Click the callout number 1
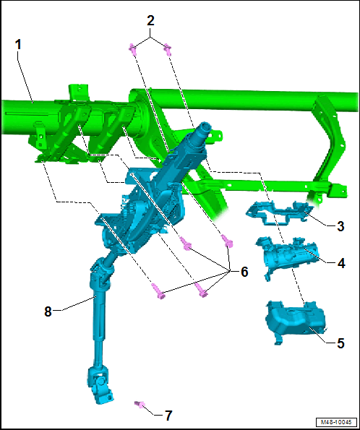(x=18, y=45)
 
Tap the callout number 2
(x=150, y=20)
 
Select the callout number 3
(x=340, y=226)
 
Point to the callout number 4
(x=341, y=264)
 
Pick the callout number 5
(x=340, y=343)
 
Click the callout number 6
(x=244, y=272)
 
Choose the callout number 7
(x=168, y=416)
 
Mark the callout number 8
(x=48, y=311)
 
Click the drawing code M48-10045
(x=336, y=422)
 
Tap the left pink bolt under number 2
(x=132, y=49)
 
